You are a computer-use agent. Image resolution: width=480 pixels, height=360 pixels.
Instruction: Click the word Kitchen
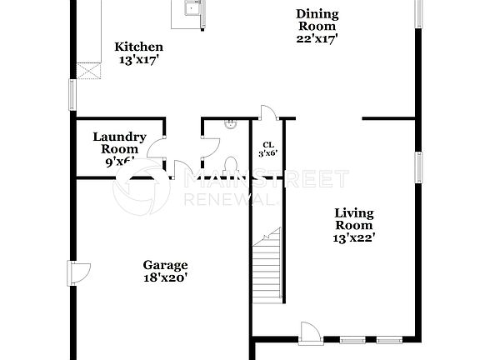pyautogui.click(x=138, y=47)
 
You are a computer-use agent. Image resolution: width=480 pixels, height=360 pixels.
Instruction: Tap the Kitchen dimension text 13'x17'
pyautogui.click(x=138, y=60)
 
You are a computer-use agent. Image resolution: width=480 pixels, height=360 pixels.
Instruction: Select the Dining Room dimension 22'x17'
pyautogui.click(x=317, y=37)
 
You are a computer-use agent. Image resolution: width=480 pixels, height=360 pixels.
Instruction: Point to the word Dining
pyautogui.click(x=317, y=12)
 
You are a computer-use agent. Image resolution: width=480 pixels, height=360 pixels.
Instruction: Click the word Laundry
pyautogui.click(x=120, y=137)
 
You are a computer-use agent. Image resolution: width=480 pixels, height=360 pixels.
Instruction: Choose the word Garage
pyautogui.click(x=164, y=265)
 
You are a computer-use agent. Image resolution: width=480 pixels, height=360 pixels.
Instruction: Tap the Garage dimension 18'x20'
pyautogui.click(x=164, y=278)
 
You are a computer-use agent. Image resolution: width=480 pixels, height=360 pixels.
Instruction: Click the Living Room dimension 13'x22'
pyautogui.click(x=353, y=237)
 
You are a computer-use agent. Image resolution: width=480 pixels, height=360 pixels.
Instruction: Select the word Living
pyautogui.click(x=353, y=212)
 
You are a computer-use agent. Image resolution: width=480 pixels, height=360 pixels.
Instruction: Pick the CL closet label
pyautogui.click(x=268, y=144)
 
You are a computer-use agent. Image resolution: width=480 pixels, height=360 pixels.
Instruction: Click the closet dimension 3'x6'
pyautogui.click(x=268, y=153)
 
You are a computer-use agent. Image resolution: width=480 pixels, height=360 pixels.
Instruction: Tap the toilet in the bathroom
pyautogui.click(x=232, y=163)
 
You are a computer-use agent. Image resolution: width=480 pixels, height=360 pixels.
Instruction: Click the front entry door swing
pyautogui.click(x=309, y=331)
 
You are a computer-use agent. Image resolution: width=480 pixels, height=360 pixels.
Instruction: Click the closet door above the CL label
pyautogui.click(x=266, y=114)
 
